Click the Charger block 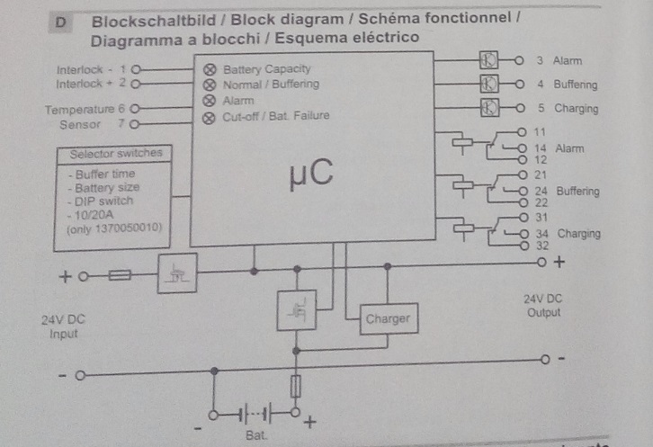[389, 318]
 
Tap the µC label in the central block [311, 174]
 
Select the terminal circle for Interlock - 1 [136, 69]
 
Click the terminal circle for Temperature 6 [134, 109]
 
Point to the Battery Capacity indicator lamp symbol [210, 69]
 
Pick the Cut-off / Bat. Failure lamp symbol [209, 119]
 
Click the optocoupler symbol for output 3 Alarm [488, 60]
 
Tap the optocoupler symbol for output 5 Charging [489, 108]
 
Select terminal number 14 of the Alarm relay [541, 148]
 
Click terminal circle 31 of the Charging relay [523, 217]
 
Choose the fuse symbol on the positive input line [120, 275]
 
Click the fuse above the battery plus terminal [295, 387]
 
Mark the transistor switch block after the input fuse [177, 273]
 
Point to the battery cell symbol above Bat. [255, 414]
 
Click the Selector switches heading [116, 153]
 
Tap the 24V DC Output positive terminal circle [541, 263]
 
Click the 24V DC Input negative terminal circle [80, 376]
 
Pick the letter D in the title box [61, 22]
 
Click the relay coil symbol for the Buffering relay [462, 185]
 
